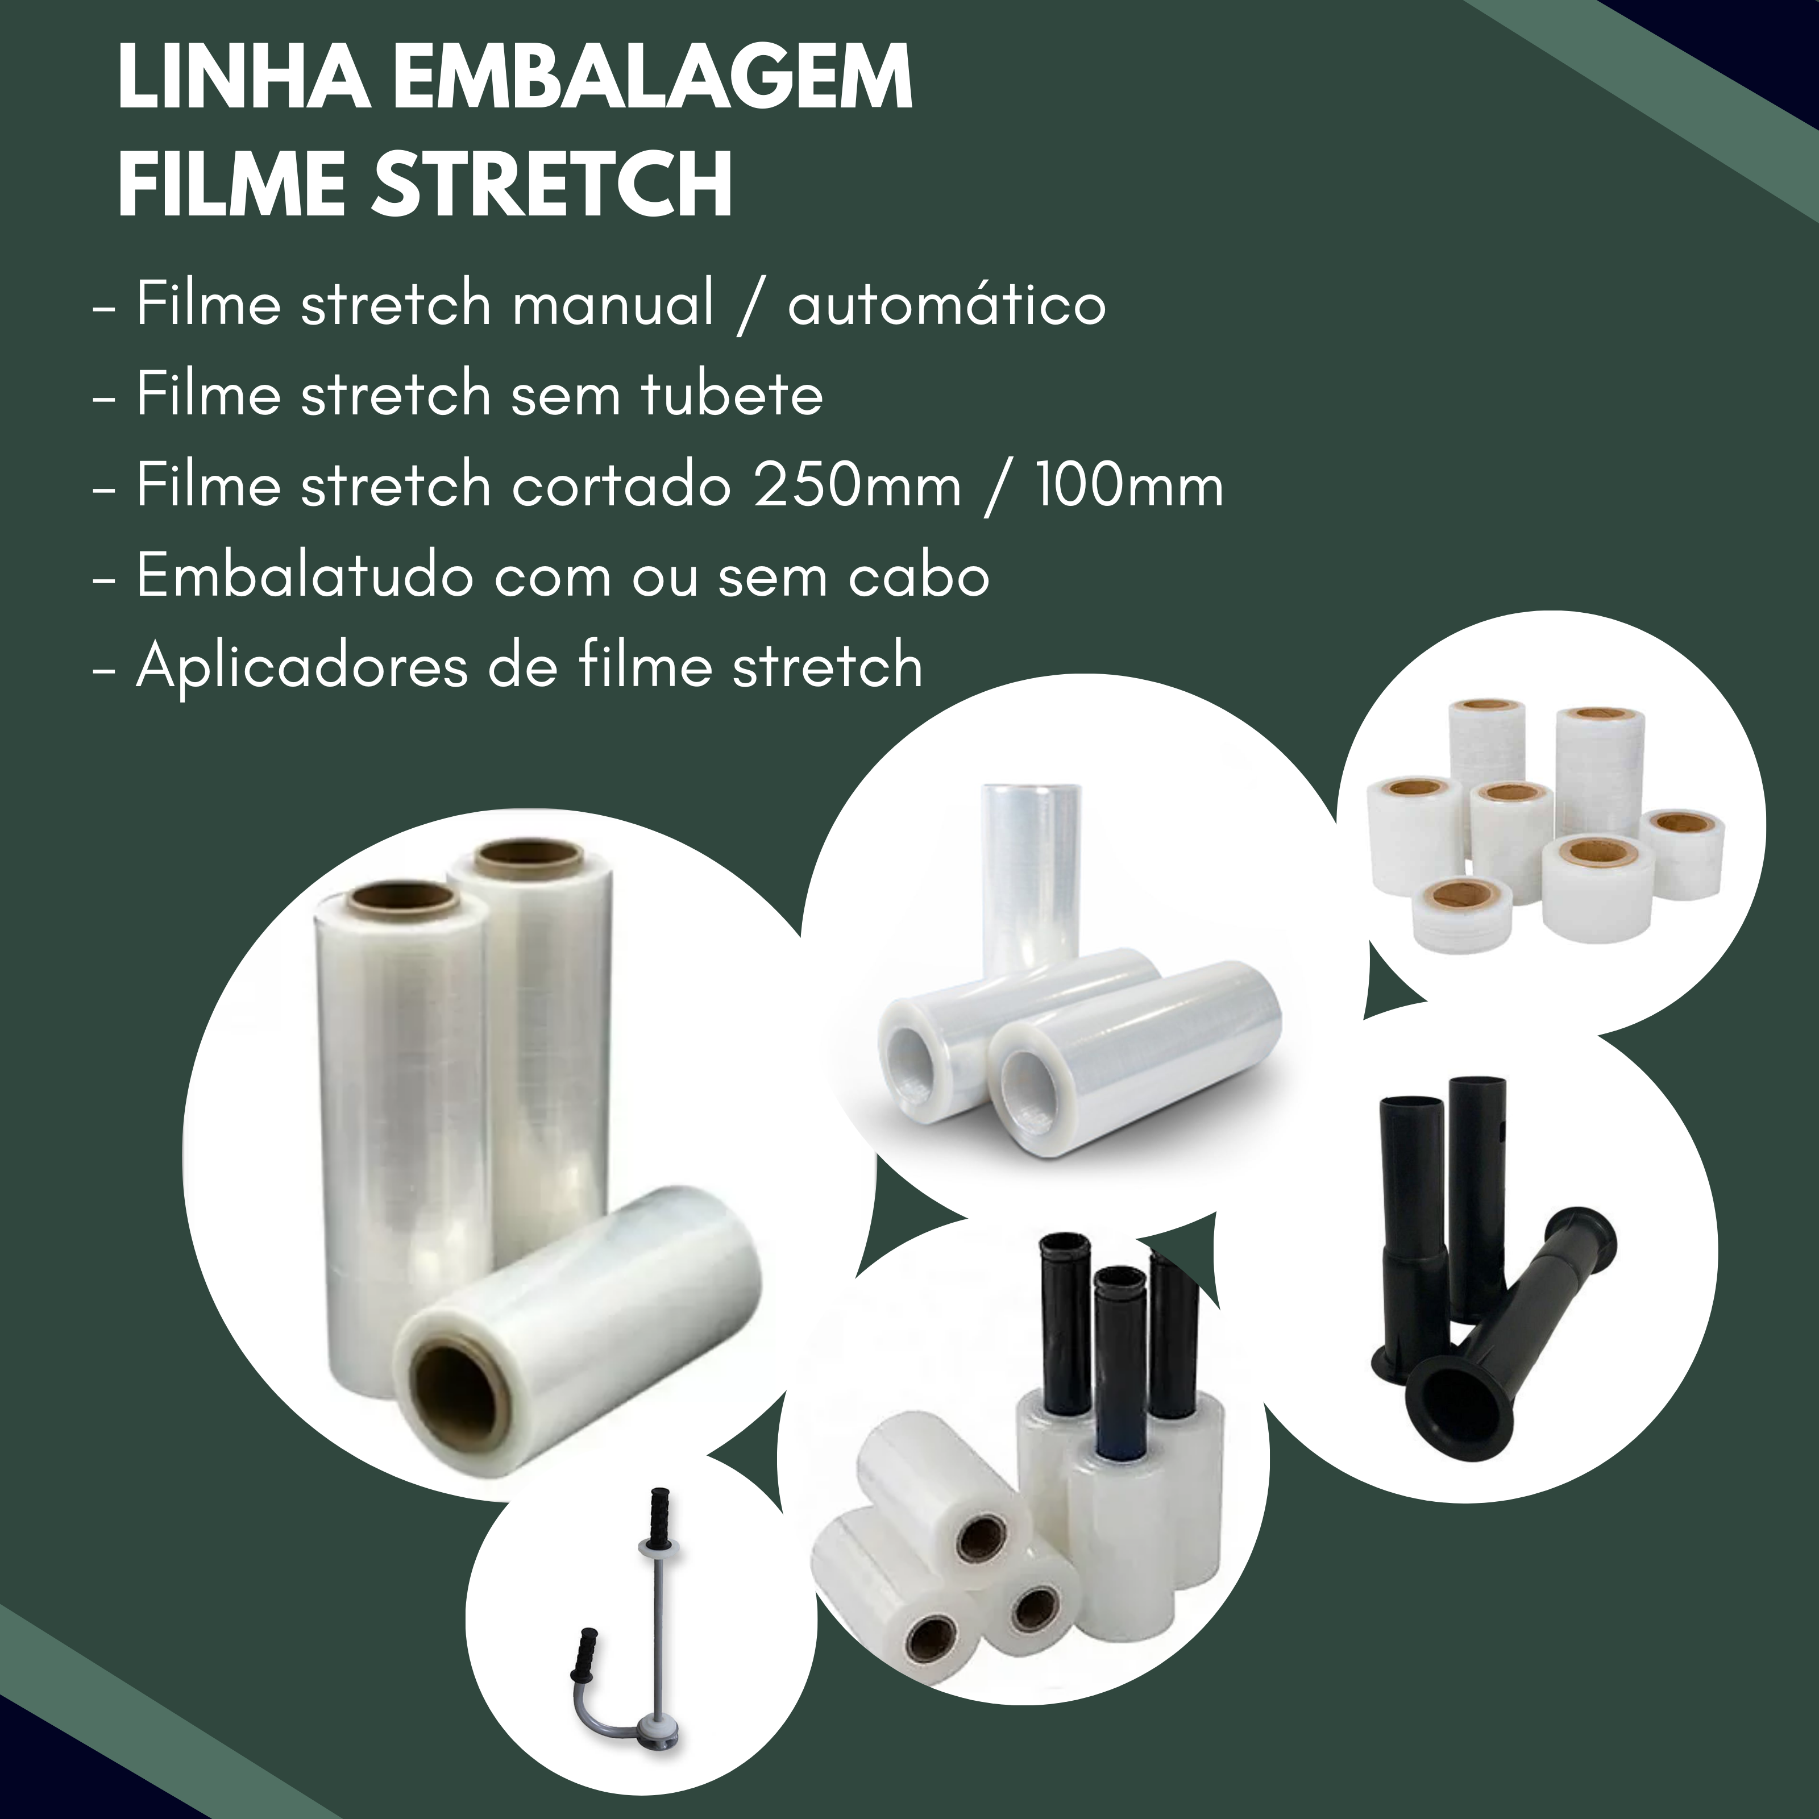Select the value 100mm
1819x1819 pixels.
click(x=1130, y=486)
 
